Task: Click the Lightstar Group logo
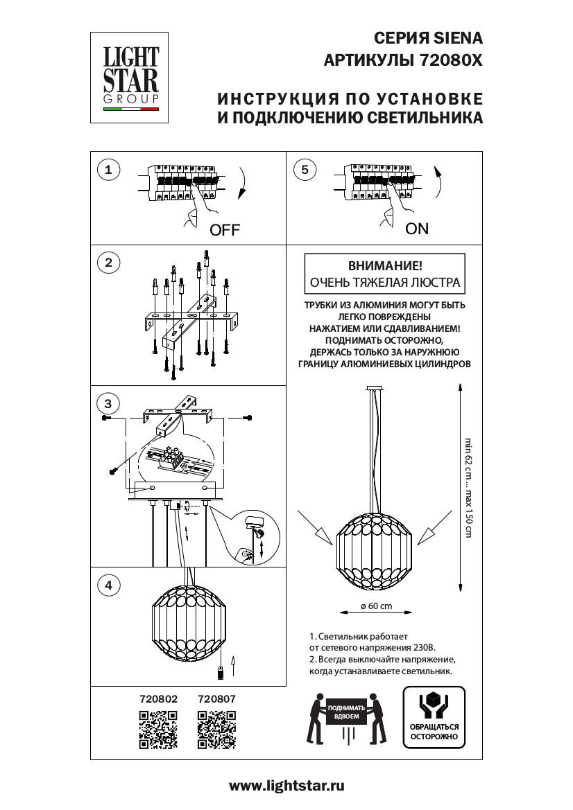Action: [131, 78]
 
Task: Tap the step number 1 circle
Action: [108, 169]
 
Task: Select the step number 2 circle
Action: [108, 263]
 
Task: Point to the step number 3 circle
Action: [108, 403]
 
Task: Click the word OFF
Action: [224, 231]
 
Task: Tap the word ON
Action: [417, 229]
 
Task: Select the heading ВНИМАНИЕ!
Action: [384, 266]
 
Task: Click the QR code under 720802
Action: [158, 730]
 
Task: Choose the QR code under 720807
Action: [216, 730]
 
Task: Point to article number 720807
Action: [216, 700]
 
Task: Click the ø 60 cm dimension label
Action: [377, 606]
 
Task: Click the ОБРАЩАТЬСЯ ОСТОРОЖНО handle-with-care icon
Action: [434, 716]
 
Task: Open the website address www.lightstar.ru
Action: [286, 786]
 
